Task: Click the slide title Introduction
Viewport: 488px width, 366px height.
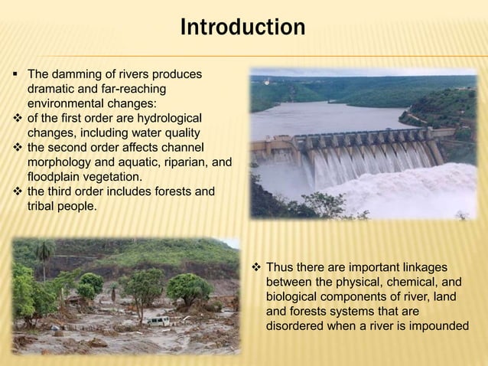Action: pyautogui.click(x=242, y=28)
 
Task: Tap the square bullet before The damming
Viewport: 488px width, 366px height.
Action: pyautogui.click(x=15, y=75)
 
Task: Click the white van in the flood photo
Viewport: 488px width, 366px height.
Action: pyautogui.click(x=158, y=321)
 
